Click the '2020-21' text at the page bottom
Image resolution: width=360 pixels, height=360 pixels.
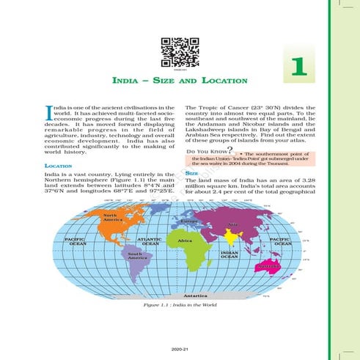pos(174,349)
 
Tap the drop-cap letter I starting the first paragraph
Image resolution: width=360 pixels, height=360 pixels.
pos(48,112)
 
